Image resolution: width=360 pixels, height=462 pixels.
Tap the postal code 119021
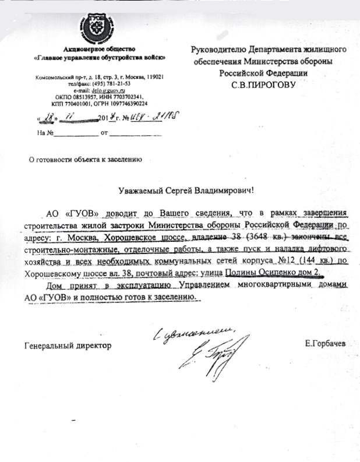[x=150, y=77]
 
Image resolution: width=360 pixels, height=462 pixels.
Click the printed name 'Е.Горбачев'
[x=324, y=344]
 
